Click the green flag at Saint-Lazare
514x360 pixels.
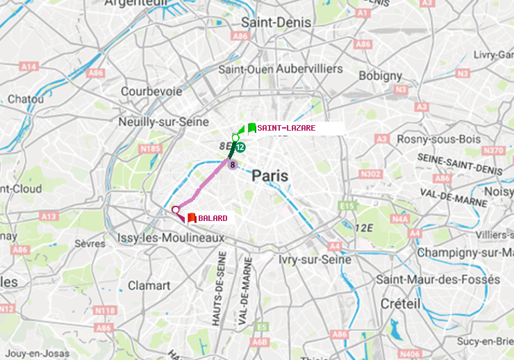[251, 128]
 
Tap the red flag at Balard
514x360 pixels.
[191, 218]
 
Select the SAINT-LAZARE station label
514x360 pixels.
[286, 128]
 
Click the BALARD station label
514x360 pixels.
[213, 218]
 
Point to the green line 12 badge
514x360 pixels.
[240, 147]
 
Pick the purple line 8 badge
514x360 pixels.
[233, 165]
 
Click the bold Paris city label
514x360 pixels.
[270, 177]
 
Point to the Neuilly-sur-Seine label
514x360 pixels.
[164, 122]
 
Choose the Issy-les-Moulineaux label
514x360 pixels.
[172, 238]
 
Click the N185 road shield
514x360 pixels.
[150, 148]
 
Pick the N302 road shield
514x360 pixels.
[372, 174]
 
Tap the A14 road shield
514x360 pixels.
[28, 67]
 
